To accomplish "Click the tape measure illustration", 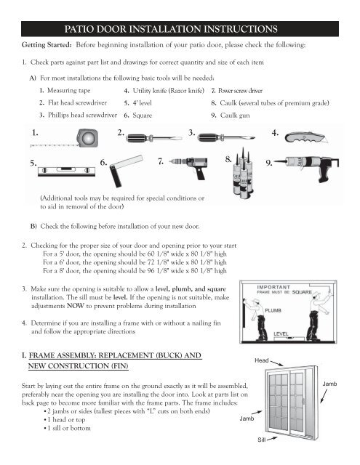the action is click(87, 138).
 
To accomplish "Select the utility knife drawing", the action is click(306, 137).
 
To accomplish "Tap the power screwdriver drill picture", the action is click(189, 168).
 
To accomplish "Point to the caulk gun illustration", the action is click(306, 168).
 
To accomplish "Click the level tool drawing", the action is click(66, 171).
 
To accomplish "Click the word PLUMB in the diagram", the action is click(273, 310).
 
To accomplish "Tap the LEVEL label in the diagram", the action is click(281, 334).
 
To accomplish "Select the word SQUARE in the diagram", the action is click(302, 292).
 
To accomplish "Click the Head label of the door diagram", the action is click(262, 360).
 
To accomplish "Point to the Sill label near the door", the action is click(262, 440).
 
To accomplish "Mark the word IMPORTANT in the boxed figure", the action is click(273, 287).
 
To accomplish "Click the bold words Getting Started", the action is click(47, 45).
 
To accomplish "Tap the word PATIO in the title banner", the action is click(79, 29).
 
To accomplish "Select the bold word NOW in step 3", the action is click(76, 306).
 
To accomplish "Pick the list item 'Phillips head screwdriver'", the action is click(82, 115).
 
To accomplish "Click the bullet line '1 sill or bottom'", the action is click(68, 428).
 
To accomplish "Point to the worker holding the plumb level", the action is click(259, 319).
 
